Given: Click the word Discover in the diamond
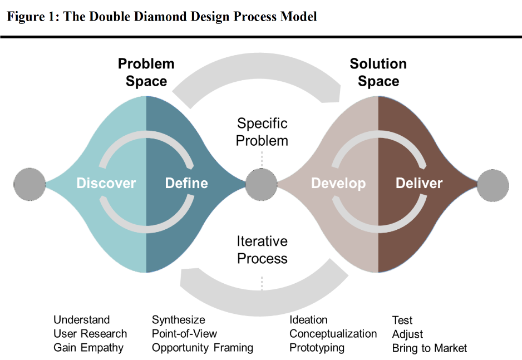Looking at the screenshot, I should click(x=106, y=183).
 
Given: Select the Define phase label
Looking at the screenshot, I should click(x=186, y=183).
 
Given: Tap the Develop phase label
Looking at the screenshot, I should click(x=338, y=183).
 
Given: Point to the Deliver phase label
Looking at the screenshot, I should click(x=419, y=183).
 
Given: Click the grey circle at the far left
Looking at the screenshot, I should click(x=29, y=183).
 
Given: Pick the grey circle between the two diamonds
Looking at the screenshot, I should click(x=262, y=183).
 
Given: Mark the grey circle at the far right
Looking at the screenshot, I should click(x=493, y=183).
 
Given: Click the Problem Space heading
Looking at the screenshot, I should click(x=146, y=72).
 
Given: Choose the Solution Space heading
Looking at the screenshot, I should click(x=378, y=72).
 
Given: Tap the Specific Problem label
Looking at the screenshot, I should click(x=262, y=132).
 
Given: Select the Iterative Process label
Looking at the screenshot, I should click(x=262, y=250).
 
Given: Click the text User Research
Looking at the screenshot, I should click(x=90, y=334).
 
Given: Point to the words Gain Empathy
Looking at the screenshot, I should click(x=88, y=348).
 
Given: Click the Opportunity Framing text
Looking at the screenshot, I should click(x=203, y=348).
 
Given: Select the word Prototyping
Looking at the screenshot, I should click(x=317, y=348).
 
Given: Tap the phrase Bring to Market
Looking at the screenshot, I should click(x=430, y=348).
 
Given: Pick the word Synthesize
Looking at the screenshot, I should click(x=179, y=320).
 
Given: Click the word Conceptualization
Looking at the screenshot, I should click(x=333, y=334).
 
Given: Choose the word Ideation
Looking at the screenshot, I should click(x=308, y=320).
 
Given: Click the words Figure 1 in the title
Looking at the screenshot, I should click(x=30, y=16).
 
